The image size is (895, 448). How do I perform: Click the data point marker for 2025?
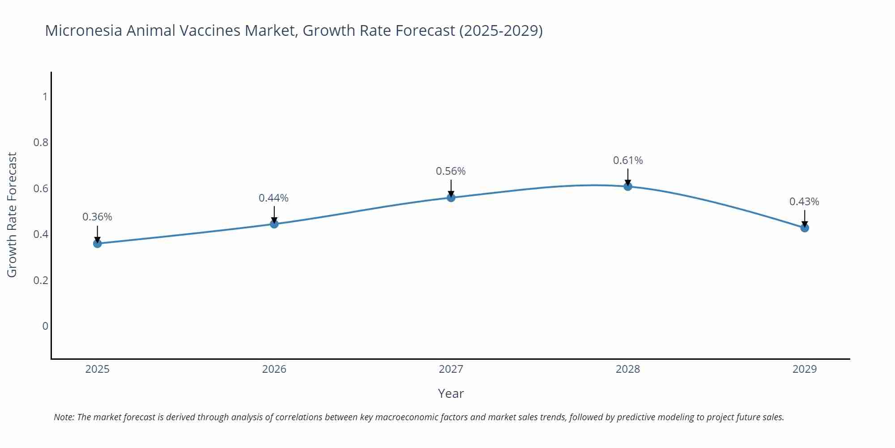pyautogui.click(x=97, y=243)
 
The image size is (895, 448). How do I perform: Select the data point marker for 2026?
pyautogui.click(x=274, y=224)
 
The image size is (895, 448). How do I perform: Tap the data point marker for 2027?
pyautogui.click(x=451, y=197)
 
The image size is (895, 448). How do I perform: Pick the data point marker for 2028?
pyautogui.click(x=628, y=186)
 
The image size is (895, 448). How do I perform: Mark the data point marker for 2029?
pyautogui.click(x=805, y=228)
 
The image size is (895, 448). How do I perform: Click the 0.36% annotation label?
pyautogui.click(x=97, y=217)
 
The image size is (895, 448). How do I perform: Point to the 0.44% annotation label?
pyautogui.click(x=273, y=198)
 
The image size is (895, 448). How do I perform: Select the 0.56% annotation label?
pyautogui.click(x=451, y=171)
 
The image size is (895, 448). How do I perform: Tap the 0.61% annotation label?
pyautogui.click(x=628, y=160)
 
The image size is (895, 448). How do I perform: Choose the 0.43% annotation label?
pyautogui.click(x=804, y=202)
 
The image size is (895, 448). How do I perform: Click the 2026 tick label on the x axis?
pyautogui.click(x=274, y=369)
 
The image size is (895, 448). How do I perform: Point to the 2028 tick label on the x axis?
pyautogui.click(x=628, y=369)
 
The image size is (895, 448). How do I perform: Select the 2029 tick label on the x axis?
pyautogui.click(x=805, y=369)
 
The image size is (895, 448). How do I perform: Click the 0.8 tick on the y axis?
pyautogui.click(x=41, y=142)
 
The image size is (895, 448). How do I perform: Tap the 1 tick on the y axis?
pyautogui.click(x=45, y=97)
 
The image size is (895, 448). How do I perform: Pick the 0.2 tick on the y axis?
pyautogui.click(x=41, y=280)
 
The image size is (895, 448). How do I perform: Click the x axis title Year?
pyautogui.click(x=451, y=393)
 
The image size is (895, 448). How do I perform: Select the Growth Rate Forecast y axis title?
pyautogui.click(x=12, y=215)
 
